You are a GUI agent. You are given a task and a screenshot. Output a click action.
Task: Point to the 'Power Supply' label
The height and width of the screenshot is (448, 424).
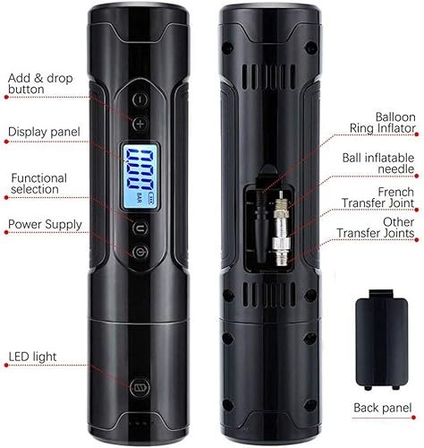[45, 223]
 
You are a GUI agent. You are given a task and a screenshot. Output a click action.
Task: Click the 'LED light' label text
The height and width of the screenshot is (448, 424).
[34, 357]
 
